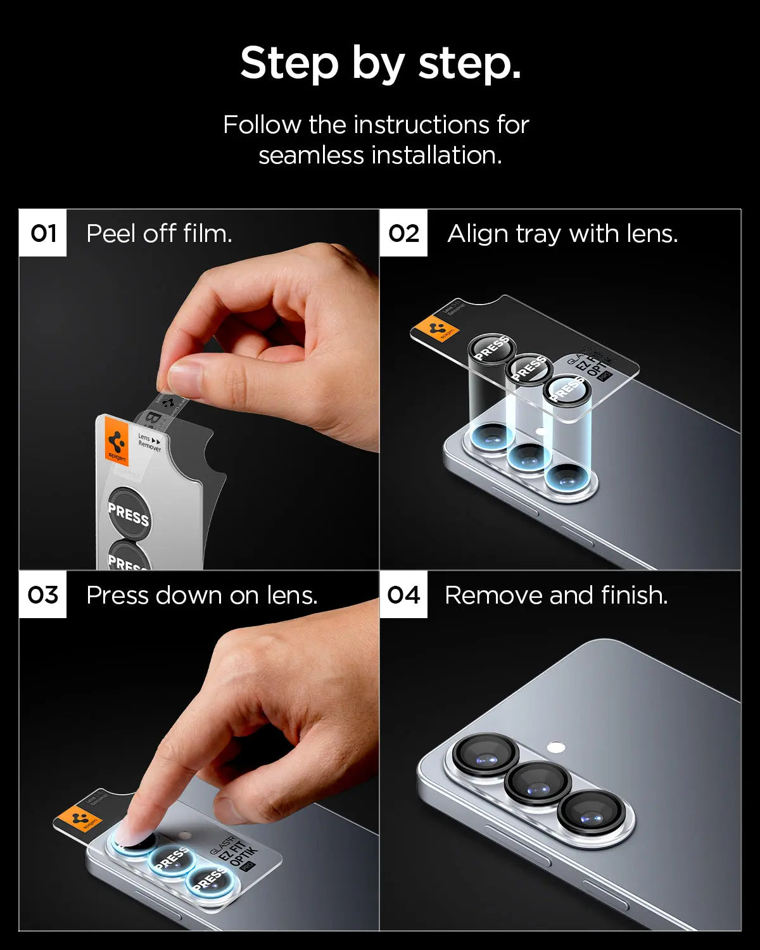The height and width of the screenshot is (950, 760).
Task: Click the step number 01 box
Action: tap(42, 233)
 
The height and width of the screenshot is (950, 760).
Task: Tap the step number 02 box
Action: tap(403, 233)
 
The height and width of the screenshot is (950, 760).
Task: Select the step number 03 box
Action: tap(42, 595)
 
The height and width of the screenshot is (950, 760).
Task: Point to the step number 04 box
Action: tap(403, 595)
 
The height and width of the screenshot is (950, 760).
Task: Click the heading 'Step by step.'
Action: tap(380, 63)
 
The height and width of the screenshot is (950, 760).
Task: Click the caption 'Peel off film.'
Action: tap(159, 234)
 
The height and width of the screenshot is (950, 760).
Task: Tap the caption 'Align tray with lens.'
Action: tap(562, 234)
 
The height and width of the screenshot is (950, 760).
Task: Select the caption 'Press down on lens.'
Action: tap(201, 595)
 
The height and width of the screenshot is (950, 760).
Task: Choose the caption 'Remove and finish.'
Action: tap(556, 595)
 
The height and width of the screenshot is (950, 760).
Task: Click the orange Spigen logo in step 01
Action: tap(117, 441)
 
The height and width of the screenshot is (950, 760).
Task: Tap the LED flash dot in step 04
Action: tap(555, 747)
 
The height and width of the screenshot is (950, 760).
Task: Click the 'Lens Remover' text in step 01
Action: tap(149, 442)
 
